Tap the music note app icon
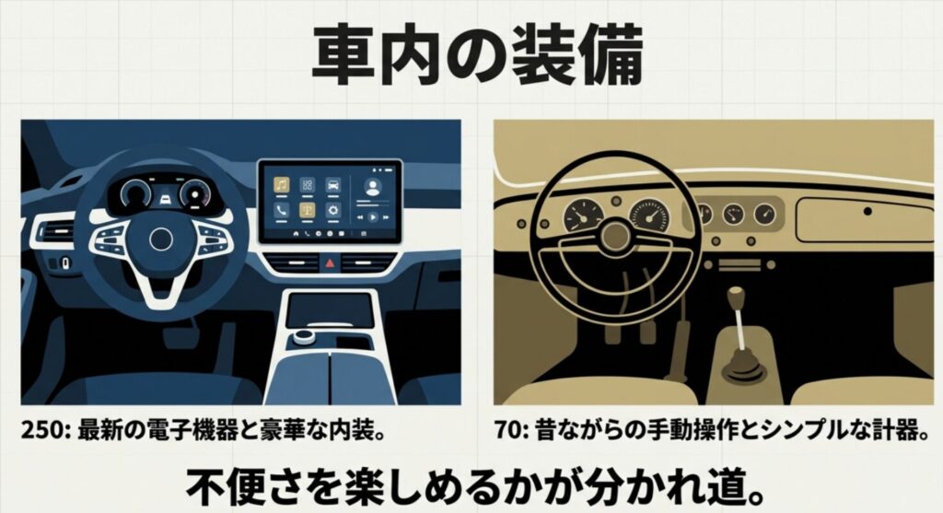pos(282,184)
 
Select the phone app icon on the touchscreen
pos(282,210)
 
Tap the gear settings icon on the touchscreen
pos(332,210)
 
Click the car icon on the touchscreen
pos(332,184)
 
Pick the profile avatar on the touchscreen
pos(372,186)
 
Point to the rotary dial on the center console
pos(303,342)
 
